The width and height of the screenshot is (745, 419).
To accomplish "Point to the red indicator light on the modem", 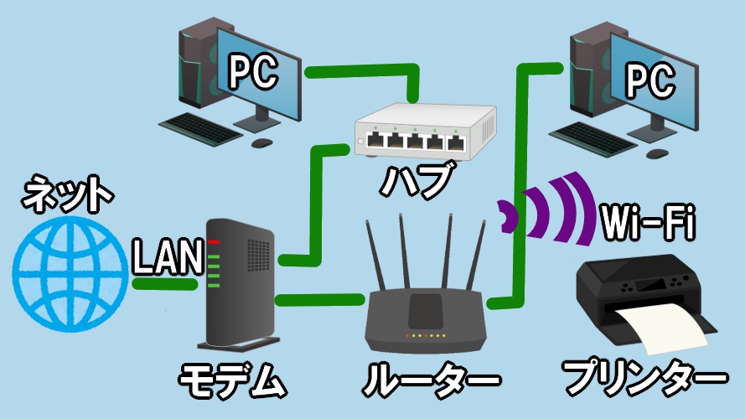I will (x=214, y=242).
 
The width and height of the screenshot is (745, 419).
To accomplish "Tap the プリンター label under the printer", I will (x=644, y=381).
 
